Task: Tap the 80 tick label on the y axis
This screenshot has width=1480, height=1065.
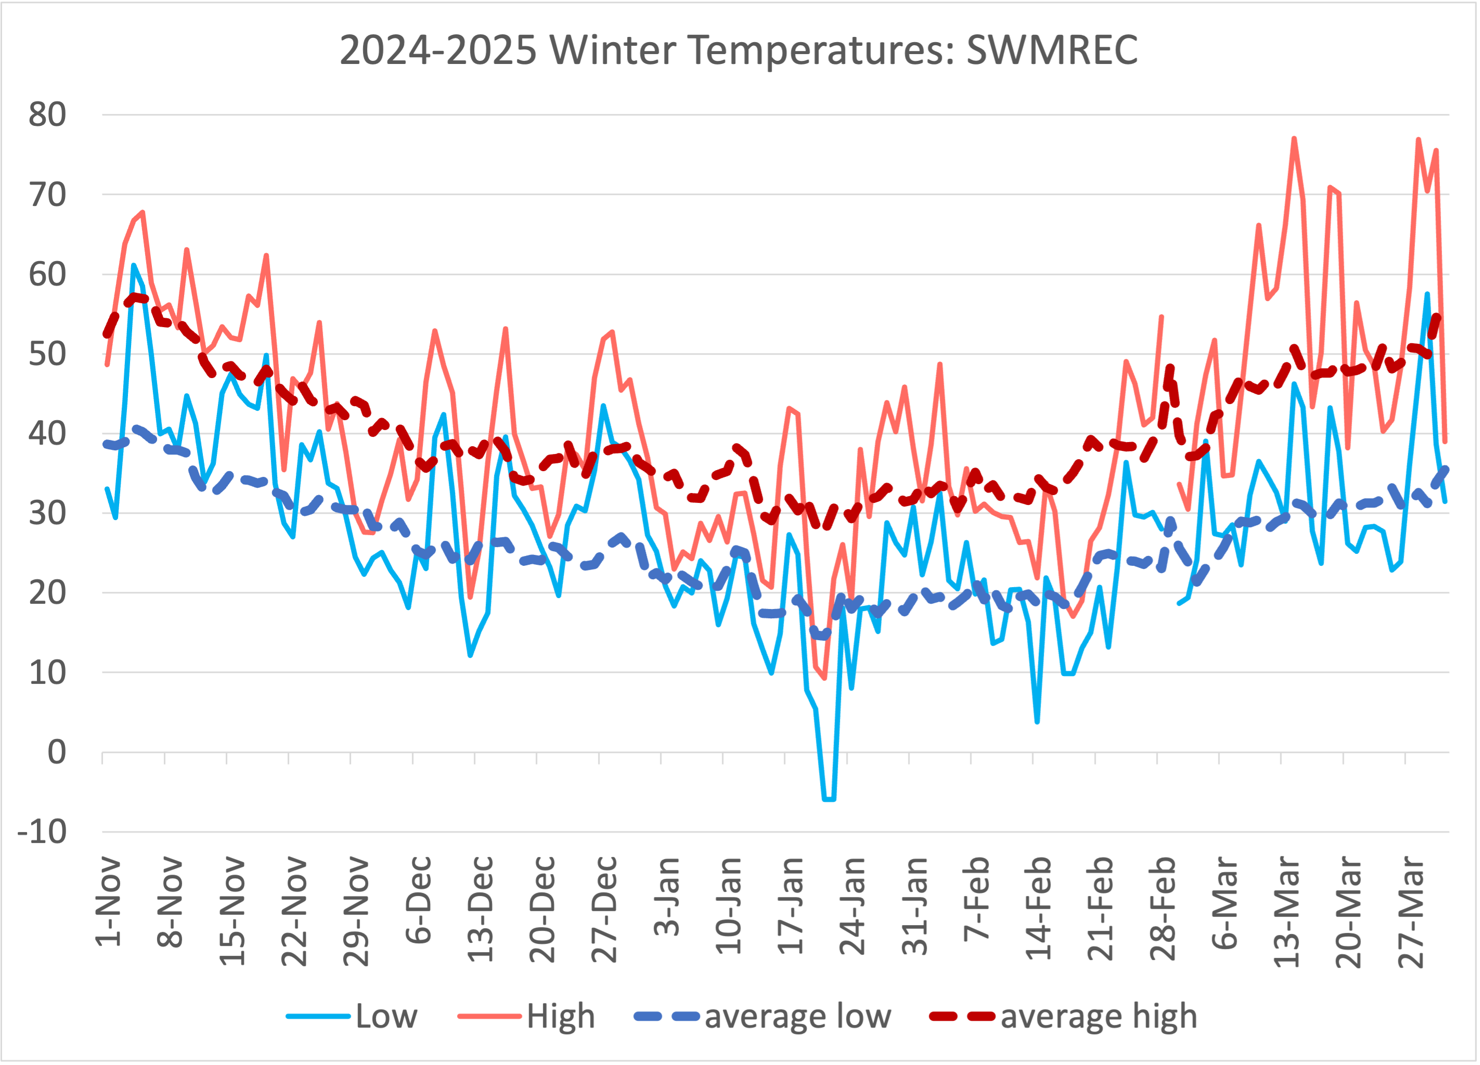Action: click(47, 115)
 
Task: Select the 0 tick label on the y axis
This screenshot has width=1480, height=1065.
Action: click(57, 752)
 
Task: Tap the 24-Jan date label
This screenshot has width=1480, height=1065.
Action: click(852, 907)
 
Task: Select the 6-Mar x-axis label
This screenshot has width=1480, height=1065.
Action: click(1224, 903)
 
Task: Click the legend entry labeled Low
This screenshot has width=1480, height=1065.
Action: click(353, 1016)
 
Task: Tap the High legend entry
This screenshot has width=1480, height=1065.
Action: click(527, 1016)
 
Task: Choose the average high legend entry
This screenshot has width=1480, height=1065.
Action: click(1063, 1016)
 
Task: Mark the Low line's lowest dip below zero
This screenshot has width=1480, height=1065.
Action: click(829, 799)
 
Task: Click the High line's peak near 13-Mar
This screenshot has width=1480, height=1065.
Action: click(1293, 138)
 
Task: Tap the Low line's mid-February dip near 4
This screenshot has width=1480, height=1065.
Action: click(1037, 722)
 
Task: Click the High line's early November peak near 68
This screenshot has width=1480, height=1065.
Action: click(142, 212)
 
